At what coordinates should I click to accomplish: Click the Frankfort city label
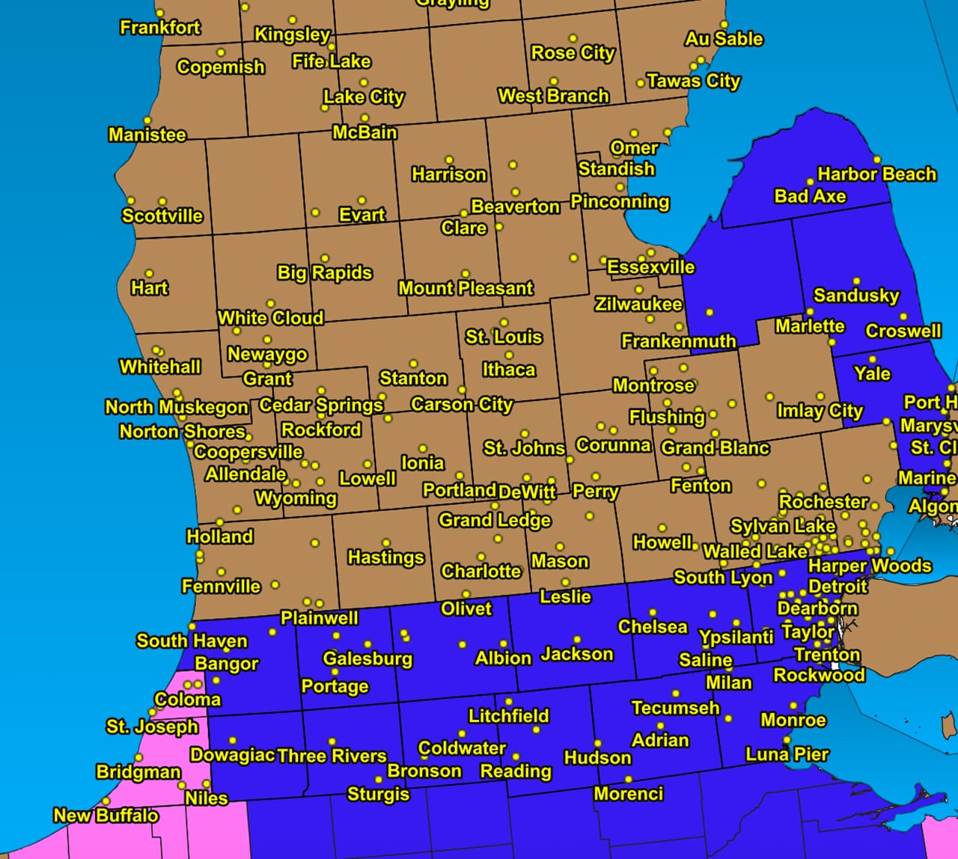160,28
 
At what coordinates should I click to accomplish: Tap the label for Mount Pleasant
466,288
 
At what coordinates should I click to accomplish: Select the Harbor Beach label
876,174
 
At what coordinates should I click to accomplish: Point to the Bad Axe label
810,196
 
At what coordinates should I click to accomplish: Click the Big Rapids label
324,272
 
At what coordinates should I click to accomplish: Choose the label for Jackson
576,654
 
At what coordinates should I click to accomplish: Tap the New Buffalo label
106,815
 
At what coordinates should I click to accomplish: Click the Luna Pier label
787,754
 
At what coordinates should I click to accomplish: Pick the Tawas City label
693,81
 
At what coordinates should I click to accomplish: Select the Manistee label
147,135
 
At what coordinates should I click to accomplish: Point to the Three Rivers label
332,756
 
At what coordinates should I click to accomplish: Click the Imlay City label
820,411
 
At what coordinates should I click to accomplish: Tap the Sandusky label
856,296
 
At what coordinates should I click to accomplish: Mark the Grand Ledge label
494,520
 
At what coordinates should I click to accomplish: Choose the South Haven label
192,641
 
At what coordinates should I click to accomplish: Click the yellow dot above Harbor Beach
877,159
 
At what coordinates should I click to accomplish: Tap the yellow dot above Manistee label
147,120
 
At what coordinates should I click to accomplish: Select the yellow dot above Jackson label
577,639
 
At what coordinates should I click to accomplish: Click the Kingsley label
292,34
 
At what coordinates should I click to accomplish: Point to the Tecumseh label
675,708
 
